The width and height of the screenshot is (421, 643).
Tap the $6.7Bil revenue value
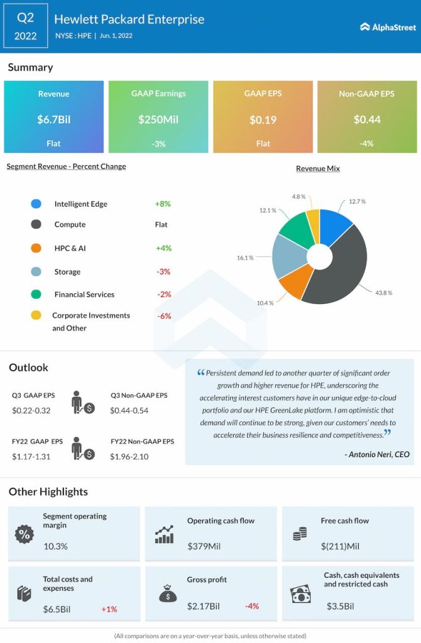click(53, 119)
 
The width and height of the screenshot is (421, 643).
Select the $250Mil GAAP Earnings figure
click(158, 119)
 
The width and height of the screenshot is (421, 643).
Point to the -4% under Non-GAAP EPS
click(366, 143)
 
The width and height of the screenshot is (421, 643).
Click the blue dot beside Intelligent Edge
click(36, 204)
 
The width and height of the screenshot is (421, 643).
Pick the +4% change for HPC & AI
click(163, 248)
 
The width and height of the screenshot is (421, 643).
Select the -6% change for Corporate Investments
click(164, 316)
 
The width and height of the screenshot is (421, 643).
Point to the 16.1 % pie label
click(245, 258)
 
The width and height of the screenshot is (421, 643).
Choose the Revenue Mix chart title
click(318, 169)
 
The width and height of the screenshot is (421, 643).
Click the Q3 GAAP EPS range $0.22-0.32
click(31, 410)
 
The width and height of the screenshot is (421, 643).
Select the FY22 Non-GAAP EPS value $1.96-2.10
click(129, 457)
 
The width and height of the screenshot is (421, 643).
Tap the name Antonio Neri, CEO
click(377, 454)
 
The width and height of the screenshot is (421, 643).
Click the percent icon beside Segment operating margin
click(24, 534)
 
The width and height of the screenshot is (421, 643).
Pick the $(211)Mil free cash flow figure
click(339, 546)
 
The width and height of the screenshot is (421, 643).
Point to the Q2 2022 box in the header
click(25, 26)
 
